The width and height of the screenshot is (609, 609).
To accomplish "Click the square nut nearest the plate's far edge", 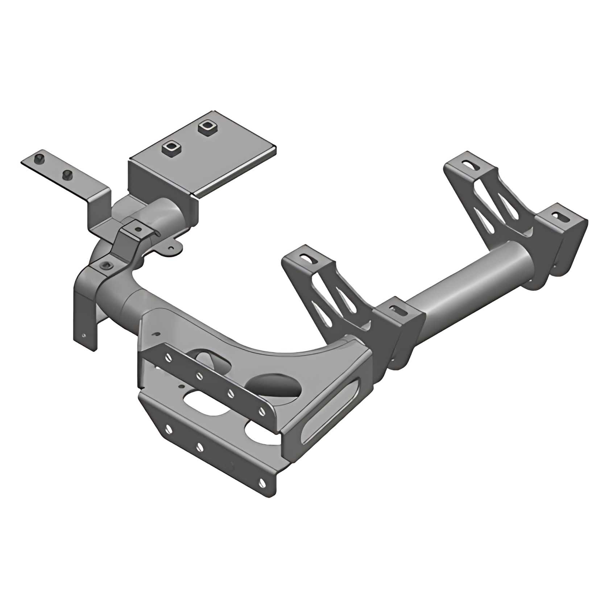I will coord(207,127).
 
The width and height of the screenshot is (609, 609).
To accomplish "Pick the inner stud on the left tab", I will coord(66,175).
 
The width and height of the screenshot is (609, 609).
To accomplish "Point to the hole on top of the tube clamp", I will coord(138,229).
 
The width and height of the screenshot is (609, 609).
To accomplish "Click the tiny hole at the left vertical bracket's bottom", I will coord(84,335).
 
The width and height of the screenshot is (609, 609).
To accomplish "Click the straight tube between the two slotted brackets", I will coord(471,286).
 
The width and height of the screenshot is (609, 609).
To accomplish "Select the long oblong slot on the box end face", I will coord(331,411).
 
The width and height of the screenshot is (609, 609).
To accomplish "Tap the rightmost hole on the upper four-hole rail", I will coord(262,411).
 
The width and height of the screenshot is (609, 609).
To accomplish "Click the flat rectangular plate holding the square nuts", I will coord(214,159).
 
